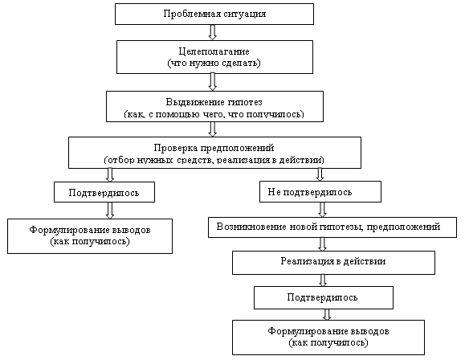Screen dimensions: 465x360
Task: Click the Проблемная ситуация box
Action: [x=214, y=14]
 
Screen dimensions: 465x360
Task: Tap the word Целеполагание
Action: [x=214, y=51]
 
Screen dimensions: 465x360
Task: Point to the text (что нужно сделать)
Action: [x=214, y=63]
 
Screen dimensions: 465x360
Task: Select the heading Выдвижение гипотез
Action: [x=214, y=102]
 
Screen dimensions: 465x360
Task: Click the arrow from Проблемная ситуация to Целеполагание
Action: [x=212, y=32]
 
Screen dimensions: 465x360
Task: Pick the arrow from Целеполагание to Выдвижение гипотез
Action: [x=212, y=82]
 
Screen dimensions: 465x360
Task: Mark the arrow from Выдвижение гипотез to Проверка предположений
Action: [x=212, y=129]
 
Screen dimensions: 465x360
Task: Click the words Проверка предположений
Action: [x=214, y=148]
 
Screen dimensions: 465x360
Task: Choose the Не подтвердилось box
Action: [x=320, y=192]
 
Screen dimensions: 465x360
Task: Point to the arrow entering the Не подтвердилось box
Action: [x=320, y=174]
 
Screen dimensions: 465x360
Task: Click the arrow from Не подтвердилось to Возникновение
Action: [x=322, y=210]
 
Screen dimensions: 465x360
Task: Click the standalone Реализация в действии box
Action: [x=333, y=263]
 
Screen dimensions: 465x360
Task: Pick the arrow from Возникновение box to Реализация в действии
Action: [x=322, y=244]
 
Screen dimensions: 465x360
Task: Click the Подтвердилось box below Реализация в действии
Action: [x=324, y=297]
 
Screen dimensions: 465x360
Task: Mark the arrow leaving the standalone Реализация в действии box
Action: [x=323, y=280]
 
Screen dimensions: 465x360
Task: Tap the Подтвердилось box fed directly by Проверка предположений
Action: [x=104, y=192]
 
